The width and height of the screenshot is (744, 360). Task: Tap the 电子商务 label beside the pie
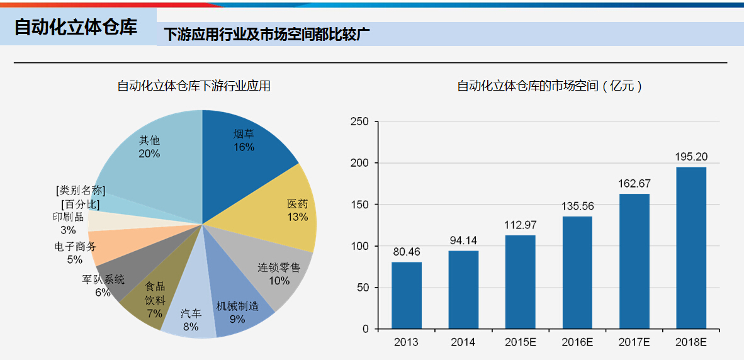tap(76, 246)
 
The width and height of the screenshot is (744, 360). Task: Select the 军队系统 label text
tap(103, 279)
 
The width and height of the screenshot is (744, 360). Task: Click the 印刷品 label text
tap(68, 217)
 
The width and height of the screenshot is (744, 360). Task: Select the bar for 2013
tap(406, 295)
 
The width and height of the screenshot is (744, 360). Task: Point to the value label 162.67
tap(634, 184)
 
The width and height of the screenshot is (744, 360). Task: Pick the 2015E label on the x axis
tap(520, 342)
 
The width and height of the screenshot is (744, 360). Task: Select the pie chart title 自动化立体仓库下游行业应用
tap(194, 86)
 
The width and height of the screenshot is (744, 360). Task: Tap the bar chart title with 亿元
tap(549, 86)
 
